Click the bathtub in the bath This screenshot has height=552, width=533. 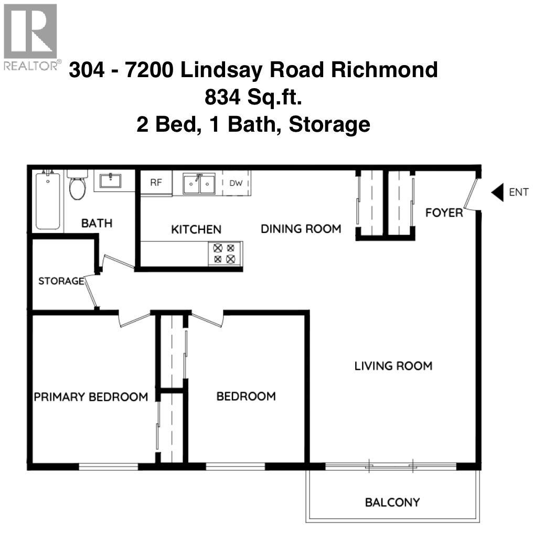(x=48, y=201)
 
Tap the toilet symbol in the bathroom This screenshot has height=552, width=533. (x=77, y=185)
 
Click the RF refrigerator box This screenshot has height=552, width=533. (x=156, y=183)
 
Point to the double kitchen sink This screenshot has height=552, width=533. (x=198, y=183)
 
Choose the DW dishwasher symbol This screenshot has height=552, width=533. (x=236, y=183)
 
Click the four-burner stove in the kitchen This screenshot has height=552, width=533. (x=225, y=253)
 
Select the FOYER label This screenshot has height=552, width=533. (x=444, y=213)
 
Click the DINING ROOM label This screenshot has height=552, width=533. (x=301, y=229)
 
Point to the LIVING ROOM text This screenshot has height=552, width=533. (x=393, y=366)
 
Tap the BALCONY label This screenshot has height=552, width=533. (x=392, y=502)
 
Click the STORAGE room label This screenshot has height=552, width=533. (x=61, y=281)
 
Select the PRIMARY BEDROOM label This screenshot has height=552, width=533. (x=91, y=397)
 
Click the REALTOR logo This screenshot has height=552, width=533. (x=30, y=37)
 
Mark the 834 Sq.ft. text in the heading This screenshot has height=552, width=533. (x=253, y=98)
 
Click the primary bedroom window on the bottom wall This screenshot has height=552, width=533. (x=109, y=466)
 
